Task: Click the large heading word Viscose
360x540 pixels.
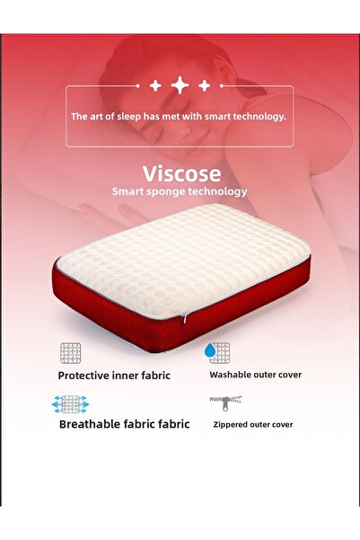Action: tap(180, 173)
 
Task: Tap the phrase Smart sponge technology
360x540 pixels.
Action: tap(180, 191)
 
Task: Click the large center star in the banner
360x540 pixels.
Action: tap(180, 85)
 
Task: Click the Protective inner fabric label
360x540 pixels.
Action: tap(114, 376)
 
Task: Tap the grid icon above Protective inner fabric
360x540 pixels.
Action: tap(71, 352)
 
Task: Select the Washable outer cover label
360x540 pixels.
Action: tap(255, 375)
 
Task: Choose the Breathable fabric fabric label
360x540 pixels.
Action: tap(124, 424)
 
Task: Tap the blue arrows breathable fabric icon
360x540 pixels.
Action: tap(71, 403)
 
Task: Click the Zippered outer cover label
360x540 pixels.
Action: tap(252, 424)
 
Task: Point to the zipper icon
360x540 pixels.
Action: tap(219, 401)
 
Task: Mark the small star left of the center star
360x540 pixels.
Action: tap(155, 85)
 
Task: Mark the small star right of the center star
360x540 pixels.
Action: tap(204, 85)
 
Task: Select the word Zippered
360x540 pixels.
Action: tap(231, 424)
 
